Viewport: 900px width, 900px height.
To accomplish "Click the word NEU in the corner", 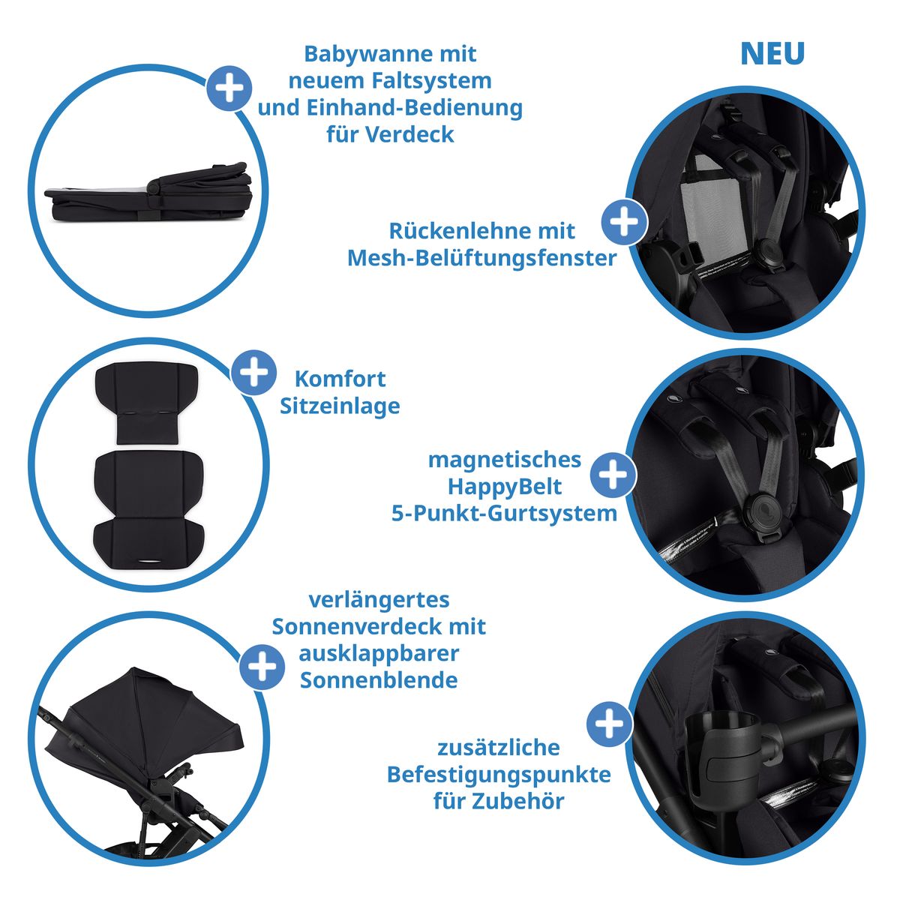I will point(772,54).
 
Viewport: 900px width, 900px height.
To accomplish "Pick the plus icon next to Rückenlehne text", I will point(624,222).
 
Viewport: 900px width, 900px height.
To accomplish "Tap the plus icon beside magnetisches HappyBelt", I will point(613,475).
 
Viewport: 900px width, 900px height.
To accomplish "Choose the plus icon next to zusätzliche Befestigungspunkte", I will point(609,724).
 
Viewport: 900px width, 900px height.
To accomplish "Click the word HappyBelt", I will point(505,486).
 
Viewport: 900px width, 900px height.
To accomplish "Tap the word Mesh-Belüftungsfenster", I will point(481,258).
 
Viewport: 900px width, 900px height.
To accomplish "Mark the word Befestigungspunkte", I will point(499,774).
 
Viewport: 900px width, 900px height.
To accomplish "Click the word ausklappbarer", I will point(379,653).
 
